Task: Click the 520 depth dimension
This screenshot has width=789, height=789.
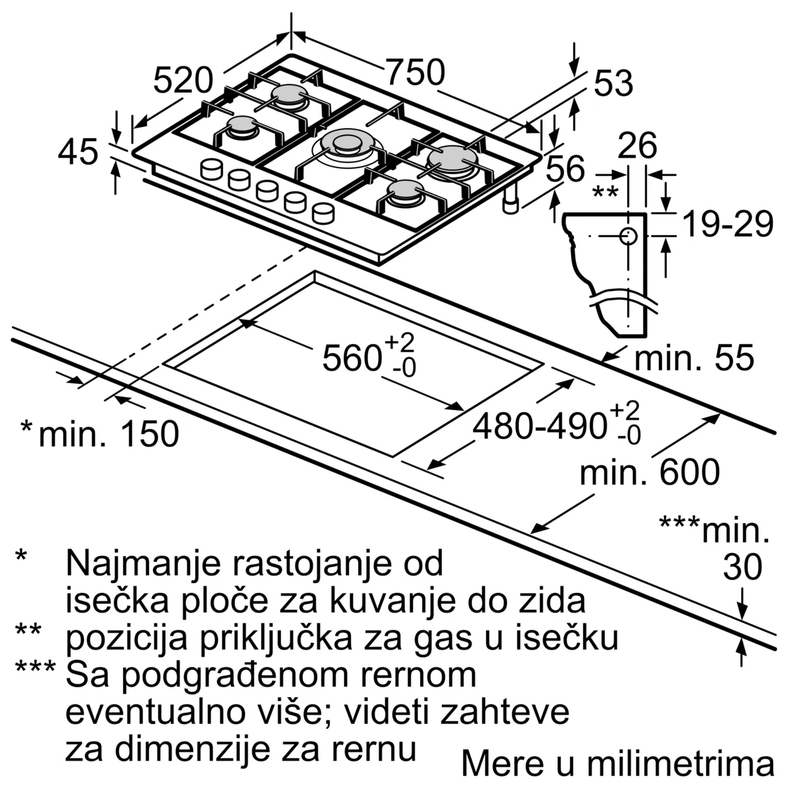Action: coord(183,81)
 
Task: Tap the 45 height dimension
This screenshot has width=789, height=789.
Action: coord(78,153)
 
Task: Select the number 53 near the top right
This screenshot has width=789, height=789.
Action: coord(613,84)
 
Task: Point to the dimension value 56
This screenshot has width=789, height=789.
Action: coord(565,169)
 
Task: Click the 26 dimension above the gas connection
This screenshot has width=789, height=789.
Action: coord(637,145)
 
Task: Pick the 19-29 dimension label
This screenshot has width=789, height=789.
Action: coord(727,225)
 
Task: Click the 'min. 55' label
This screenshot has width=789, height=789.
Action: coord(694,358)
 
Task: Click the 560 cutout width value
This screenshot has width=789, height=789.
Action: coord(352,359)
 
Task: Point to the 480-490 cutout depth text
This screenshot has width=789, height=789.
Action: coord(539,427)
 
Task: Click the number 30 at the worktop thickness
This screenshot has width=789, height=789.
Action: coord(742,567)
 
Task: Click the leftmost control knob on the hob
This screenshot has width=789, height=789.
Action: coord(212,169)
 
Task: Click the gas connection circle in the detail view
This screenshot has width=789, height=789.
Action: coord(628,235)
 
